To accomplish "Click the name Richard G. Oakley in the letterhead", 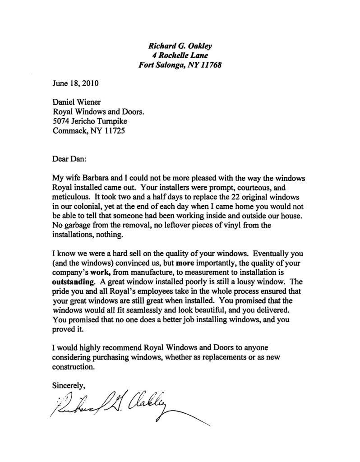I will coord(180,45).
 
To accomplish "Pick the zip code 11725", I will coord(115,133).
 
